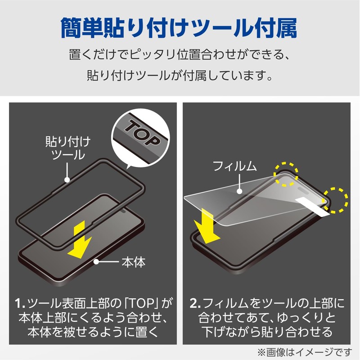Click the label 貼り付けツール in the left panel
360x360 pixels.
point(67,148)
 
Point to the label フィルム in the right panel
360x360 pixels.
point(234,167)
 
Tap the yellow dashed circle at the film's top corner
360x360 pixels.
point(286,174)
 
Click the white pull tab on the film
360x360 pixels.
point(315,204)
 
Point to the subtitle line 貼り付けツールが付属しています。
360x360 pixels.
point(179,75)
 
